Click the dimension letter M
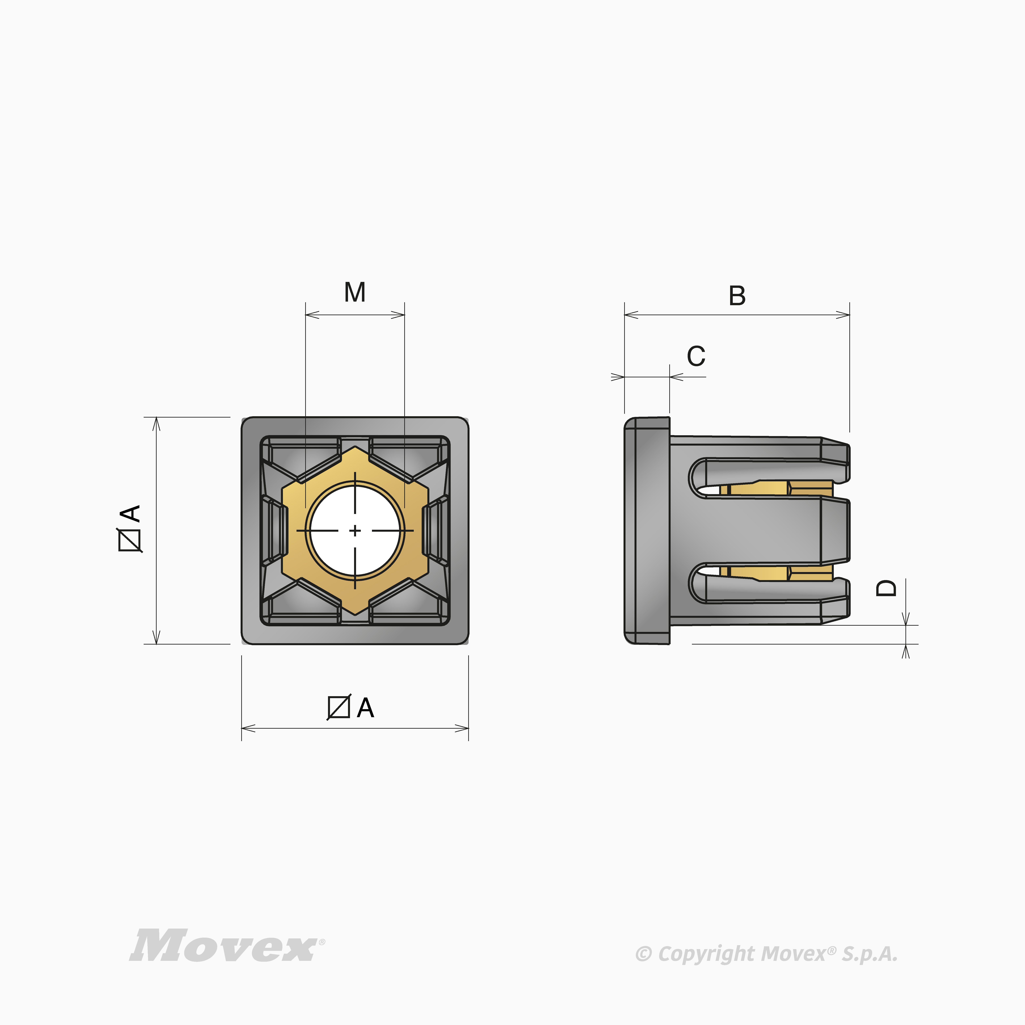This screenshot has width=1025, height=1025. click(355, 292)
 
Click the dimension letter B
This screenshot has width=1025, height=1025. click(737, 296)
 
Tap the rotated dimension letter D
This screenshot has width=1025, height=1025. click(886, 588)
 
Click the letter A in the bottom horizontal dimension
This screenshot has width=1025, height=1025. click(366, 708)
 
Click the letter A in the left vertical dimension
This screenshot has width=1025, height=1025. click(130, 513)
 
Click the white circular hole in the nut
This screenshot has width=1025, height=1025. click(355, 531)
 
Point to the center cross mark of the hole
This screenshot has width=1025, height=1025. click(355, 531)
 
